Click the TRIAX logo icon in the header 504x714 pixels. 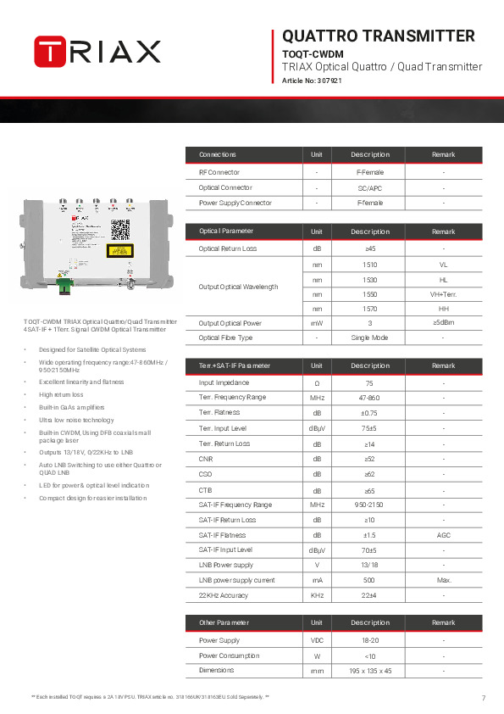click(50, 50)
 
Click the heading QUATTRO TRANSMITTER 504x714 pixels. click(378, 36)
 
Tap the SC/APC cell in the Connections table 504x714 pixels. click(369, 187)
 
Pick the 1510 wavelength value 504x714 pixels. click(369, 265)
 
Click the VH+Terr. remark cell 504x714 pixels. click(443, 293)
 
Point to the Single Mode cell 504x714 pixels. click(369, 337)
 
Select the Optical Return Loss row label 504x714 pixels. click(227, 248)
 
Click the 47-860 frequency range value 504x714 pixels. click(369, 397)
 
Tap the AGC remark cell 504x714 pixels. click(443, 535)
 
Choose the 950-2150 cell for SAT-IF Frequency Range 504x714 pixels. click(369, 505)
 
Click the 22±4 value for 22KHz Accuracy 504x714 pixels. click(369, 595)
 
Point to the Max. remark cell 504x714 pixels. click(443, 580)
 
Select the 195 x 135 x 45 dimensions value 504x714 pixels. click(369, 671)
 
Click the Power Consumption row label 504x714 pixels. click(222, 655)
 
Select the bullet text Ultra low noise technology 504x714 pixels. click(76, 421)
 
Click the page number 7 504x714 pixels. click(483, 698)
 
